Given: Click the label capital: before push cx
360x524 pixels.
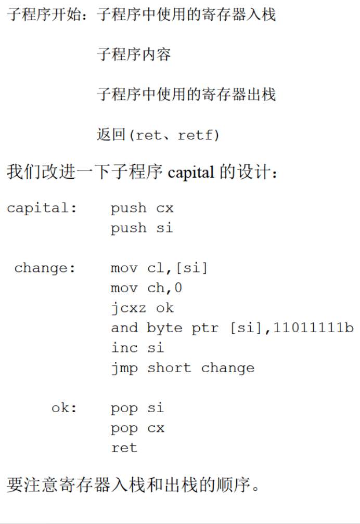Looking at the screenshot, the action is click(42, 208).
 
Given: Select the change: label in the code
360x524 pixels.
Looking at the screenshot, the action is click(45, 268).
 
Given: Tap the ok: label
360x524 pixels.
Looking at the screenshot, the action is click(64, 408).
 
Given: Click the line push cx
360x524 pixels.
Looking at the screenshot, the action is click(142, 208).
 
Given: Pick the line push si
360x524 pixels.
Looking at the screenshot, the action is click(142, 228).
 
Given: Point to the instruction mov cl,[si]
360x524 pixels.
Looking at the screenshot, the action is click(159, 268).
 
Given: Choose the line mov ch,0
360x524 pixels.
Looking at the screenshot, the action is click(146, 288).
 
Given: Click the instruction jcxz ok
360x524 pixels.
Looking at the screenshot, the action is click(142, 308).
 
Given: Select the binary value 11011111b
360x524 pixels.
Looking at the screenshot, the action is click(313, 328).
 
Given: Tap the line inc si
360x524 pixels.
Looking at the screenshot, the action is click(137, 348).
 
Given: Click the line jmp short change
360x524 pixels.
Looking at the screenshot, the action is click(183, 368).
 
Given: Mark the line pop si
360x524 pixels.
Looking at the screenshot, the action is click(137, 408).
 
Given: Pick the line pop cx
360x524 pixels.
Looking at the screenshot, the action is click(137, 428).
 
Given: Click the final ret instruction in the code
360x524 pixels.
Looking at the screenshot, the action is click(124, 448).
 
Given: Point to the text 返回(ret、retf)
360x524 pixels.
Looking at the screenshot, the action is click(158, 135).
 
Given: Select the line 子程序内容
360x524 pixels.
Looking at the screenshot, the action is click(134, 54).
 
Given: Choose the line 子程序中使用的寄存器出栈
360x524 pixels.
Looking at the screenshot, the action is click(186, 95).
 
